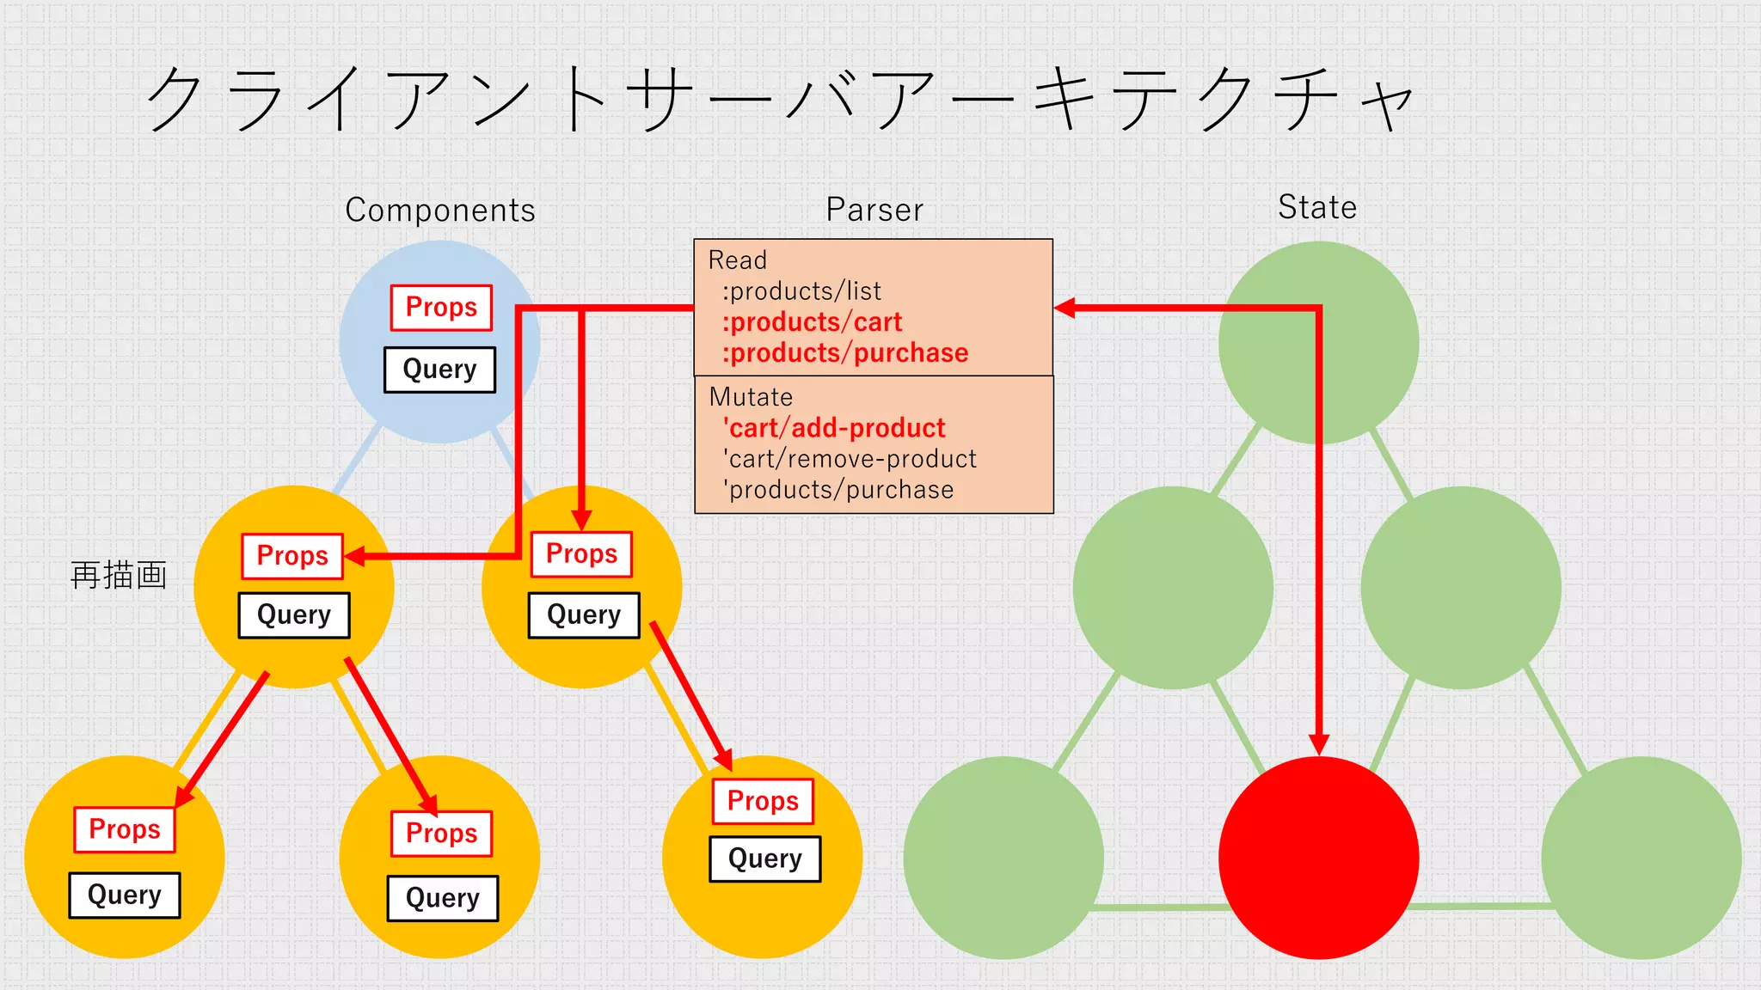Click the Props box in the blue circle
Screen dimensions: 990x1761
[441, 308]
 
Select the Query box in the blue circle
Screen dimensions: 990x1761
[439, 370]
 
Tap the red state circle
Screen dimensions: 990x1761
[1318, 858]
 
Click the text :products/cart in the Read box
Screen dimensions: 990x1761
[812, 322]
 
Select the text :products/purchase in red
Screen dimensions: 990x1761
[845, 353]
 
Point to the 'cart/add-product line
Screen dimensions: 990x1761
[834, 428]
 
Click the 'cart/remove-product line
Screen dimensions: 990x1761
[850, 459]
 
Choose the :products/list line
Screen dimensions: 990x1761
[801, 291]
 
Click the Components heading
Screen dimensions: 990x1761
[440, 211]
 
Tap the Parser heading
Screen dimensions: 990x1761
[874, 210]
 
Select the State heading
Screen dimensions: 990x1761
[1317, 207]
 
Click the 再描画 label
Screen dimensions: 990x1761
[119, 575]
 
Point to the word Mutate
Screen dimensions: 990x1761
[751, 397]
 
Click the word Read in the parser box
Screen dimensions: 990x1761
[737, 260]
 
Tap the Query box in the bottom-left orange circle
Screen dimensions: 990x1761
[125, 895]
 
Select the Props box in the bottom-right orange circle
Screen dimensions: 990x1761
[763, 801]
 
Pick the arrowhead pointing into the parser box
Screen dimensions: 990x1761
[1065, 308]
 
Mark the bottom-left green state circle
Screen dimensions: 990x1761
[1003, 858]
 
